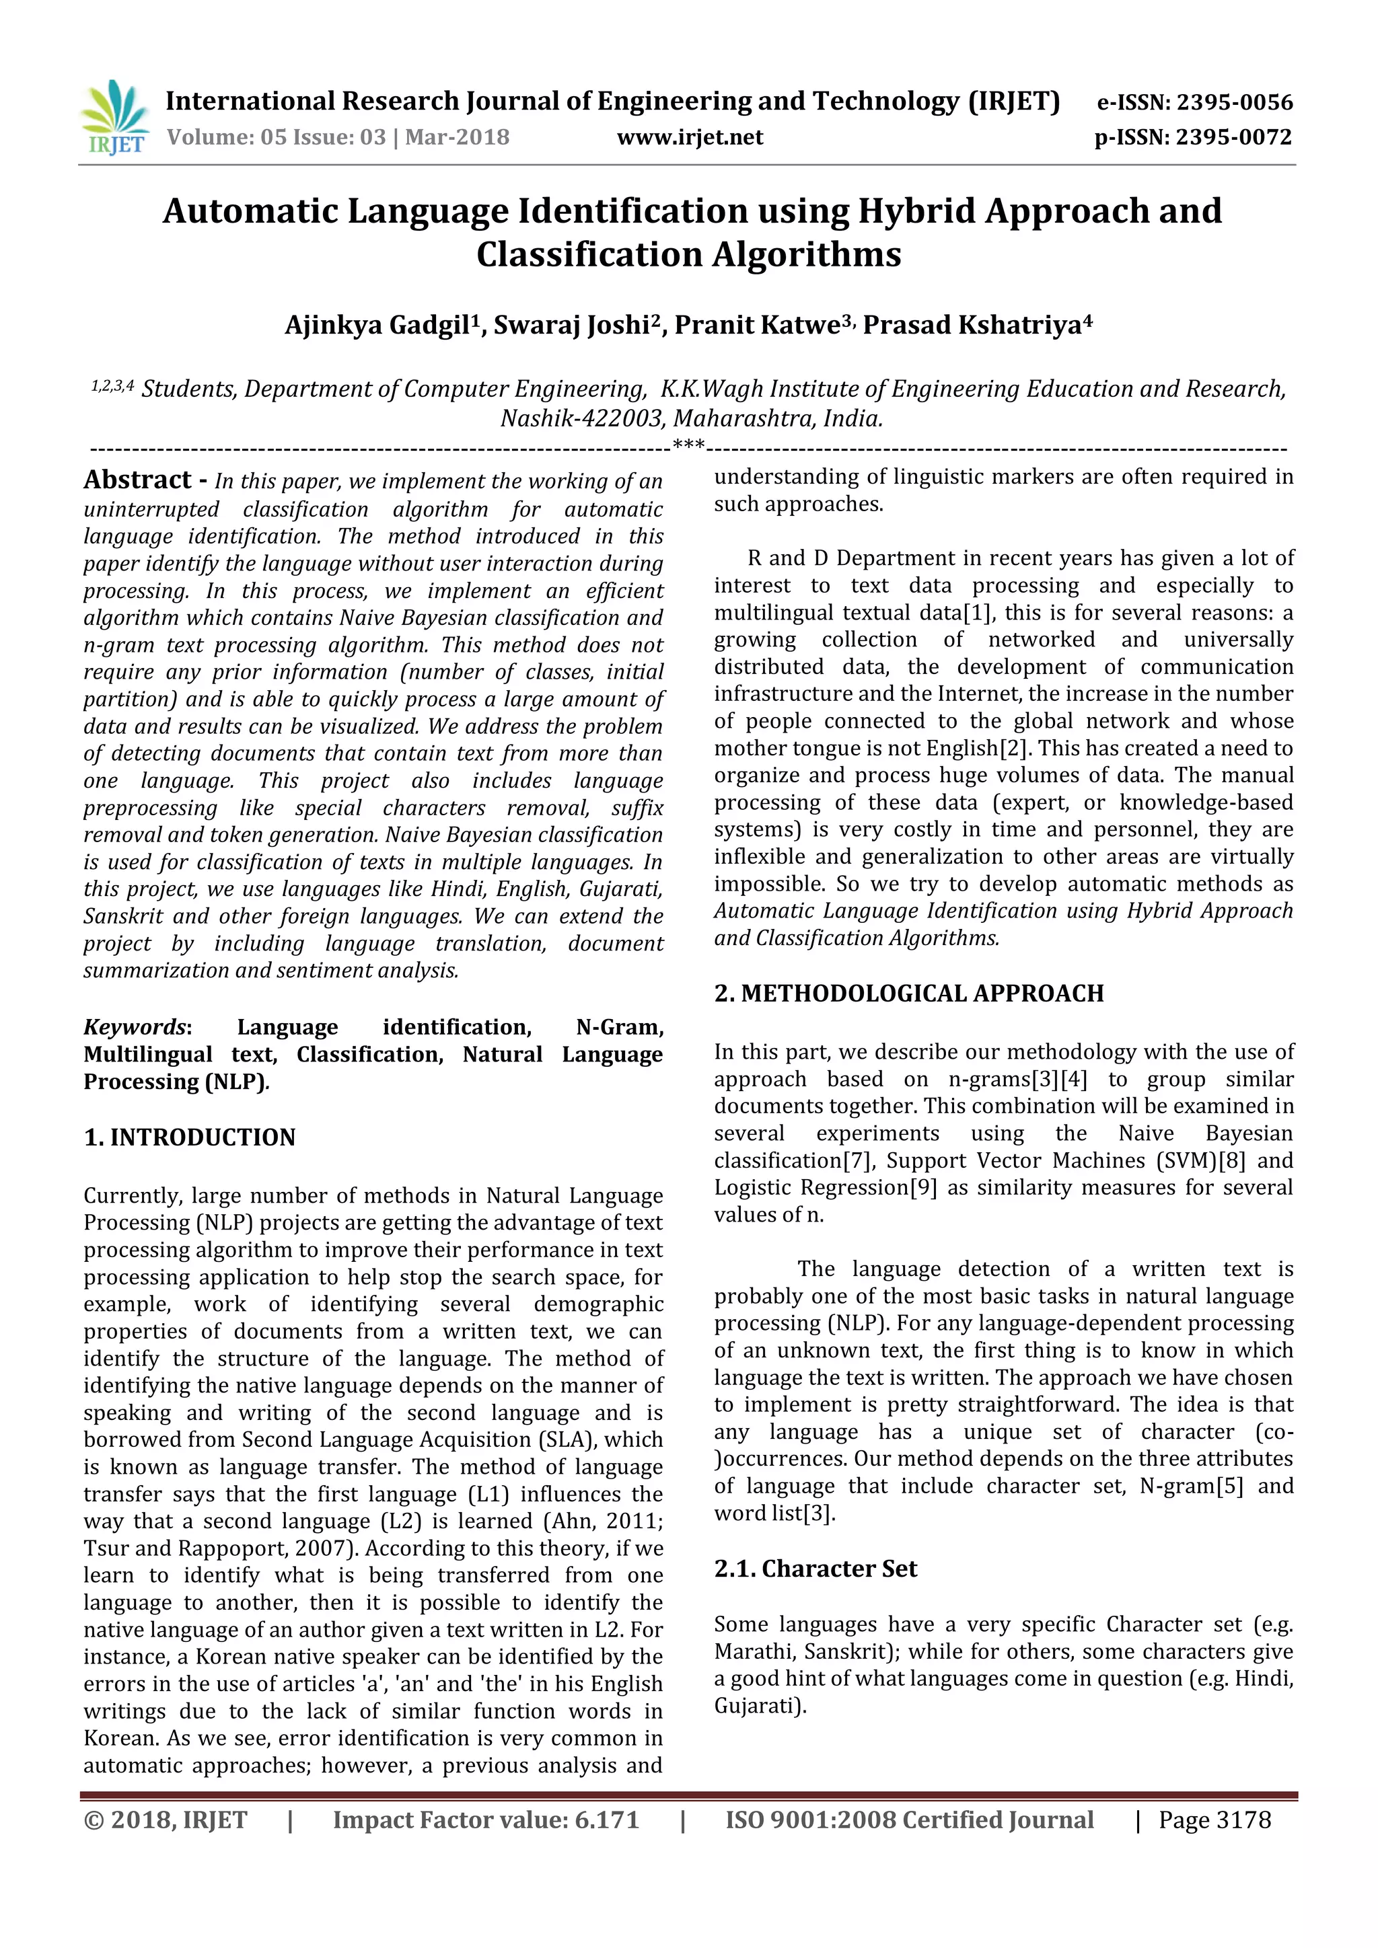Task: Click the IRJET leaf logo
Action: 114,116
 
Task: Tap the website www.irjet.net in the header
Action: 689,137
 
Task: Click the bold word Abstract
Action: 137,480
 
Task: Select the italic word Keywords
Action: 134,1026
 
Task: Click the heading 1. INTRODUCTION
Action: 189,1137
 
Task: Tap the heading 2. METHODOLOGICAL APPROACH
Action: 909,993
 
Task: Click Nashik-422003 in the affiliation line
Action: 581,418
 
